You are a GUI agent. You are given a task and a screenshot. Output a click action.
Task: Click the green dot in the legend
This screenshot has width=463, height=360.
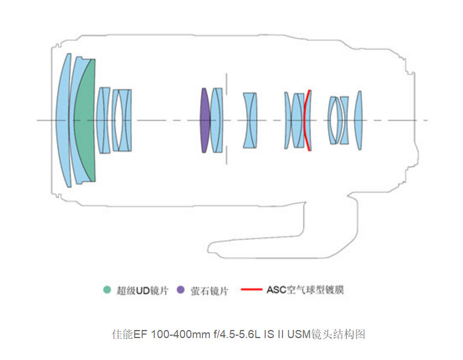click(x=106, y=290)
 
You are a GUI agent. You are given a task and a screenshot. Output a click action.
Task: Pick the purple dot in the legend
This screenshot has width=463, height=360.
click(x=180, y=290)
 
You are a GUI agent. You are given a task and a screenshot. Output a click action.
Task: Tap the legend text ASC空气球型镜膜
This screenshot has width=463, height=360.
click(x=305, y=290)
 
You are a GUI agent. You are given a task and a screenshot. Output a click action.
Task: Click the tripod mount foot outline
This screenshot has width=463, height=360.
click(x=259, y=237)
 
